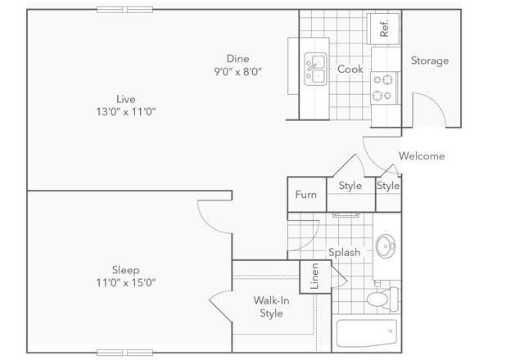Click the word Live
(x=125, y=99)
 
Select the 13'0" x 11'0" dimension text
(x=125, y=112)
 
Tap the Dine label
(x=237, y=58)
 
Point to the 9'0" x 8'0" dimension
(x=237, y=71)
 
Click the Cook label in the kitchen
(x=350, y=70)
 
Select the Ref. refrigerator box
(x=384, y=26)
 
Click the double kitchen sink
(x=316, y=69)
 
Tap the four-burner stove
(x=382, y=87)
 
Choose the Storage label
(x=429, y=61)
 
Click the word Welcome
(x=422, y=156)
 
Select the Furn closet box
(x=305, y=195)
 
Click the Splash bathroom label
(x=344, y=253)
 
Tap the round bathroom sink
(x=386, y=245)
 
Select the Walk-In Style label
(x=271, y=307)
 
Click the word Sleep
(x=125, y=270)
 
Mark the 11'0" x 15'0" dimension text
(x=125, y=283)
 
